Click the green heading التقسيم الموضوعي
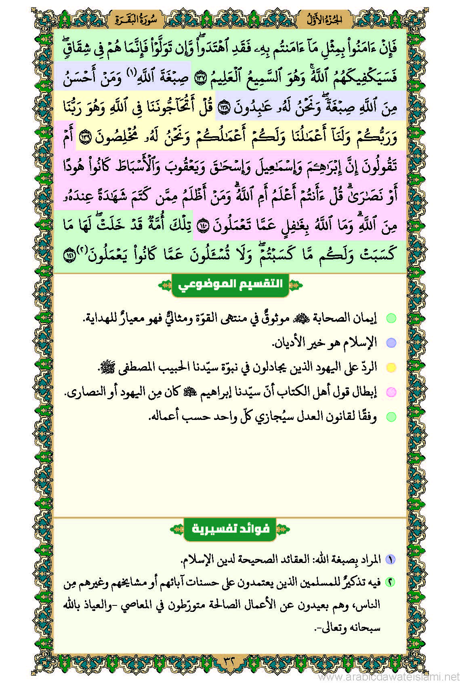(230, 284)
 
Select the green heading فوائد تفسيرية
(230, 529)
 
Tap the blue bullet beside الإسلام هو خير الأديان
(391, 343)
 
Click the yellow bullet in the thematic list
(391, 367)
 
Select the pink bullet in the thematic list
(391, 392)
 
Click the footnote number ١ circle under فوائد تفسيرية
(390, 559)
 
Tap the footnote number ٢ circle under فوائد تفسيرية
(390, 582)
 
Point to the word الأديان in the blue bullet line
(290, 343)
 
